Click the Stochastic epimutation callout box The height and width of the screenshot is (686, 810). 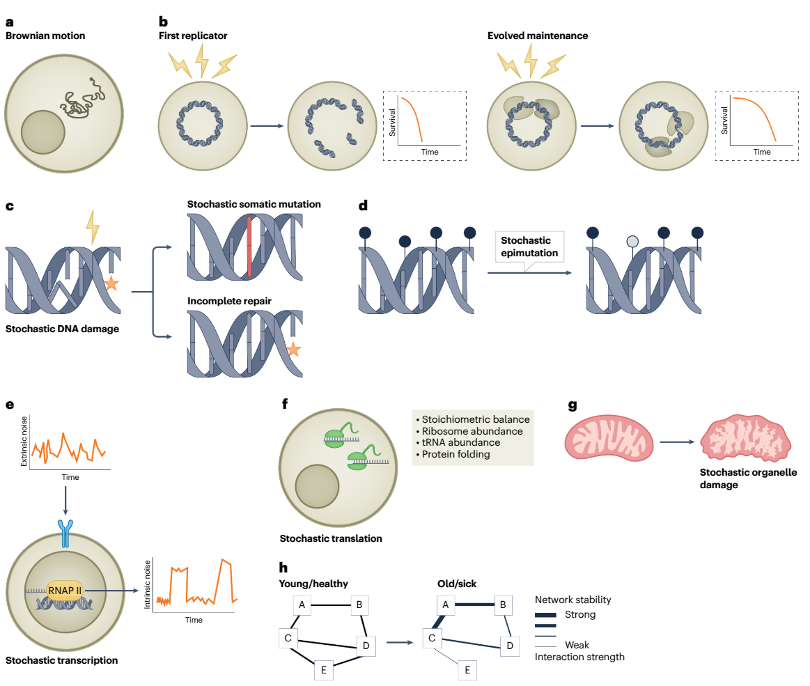tap(529, 247)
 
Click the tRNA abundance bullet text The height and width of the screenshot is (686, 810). tap(462, 442)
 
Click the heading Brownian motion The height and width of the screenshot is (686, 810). tap(45, 36)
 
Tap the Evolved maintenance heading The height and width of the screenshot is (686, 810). tap(533, 36)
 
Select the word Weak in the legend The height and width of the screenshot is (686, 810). tap(577, 645)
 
